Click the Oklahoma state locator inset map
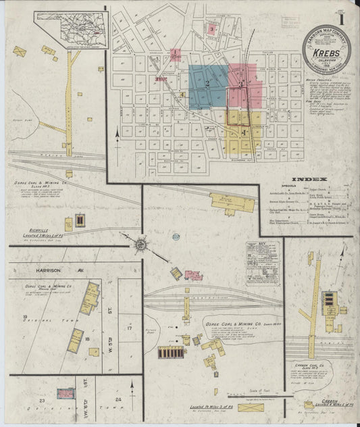pyautogui.click(x=70, y=30)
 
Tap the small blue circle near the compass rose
pyautogui.click(x=176, y=237)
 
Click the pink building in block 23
pyautogui.click(x=66, y=393)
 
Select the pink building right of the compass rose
pyautogui.click(x=193, y=276)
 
